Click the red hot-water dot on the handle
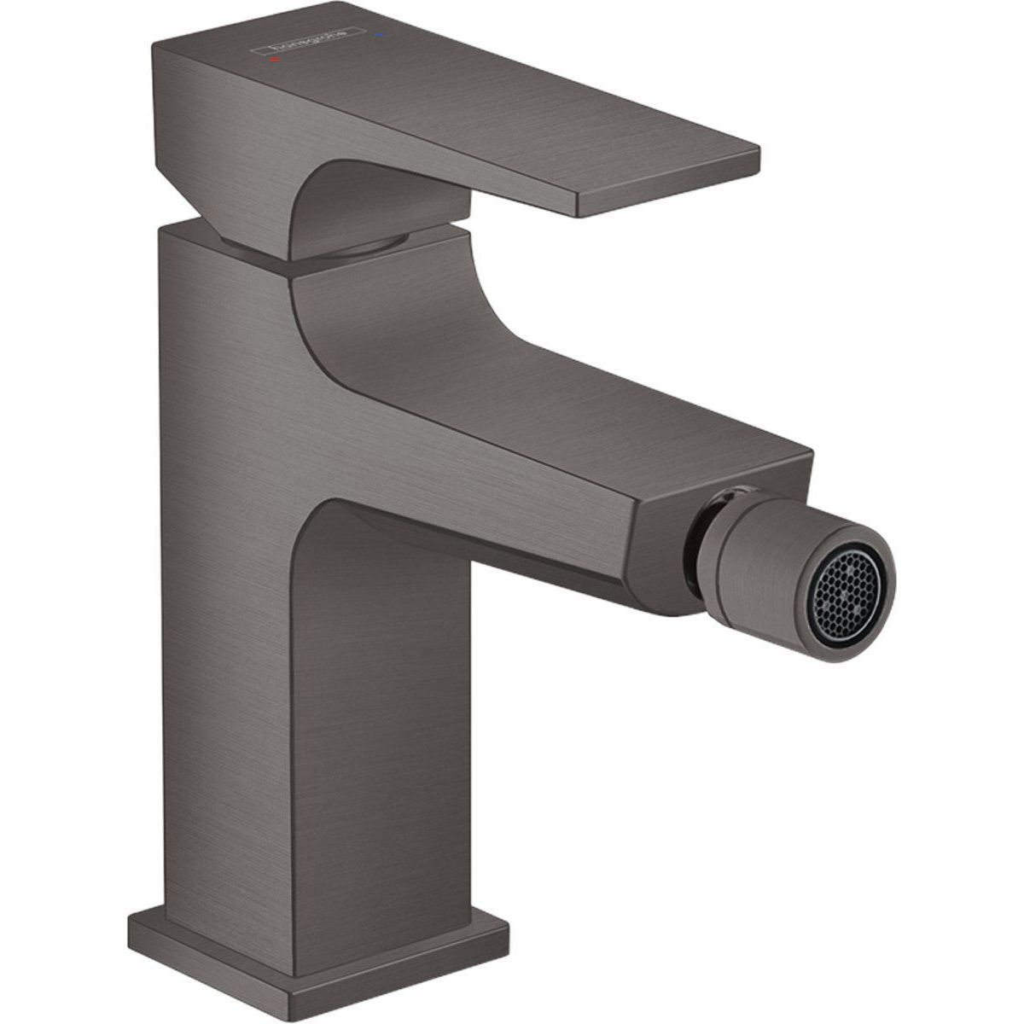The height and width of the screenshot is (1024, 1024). tap(272, 62)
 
